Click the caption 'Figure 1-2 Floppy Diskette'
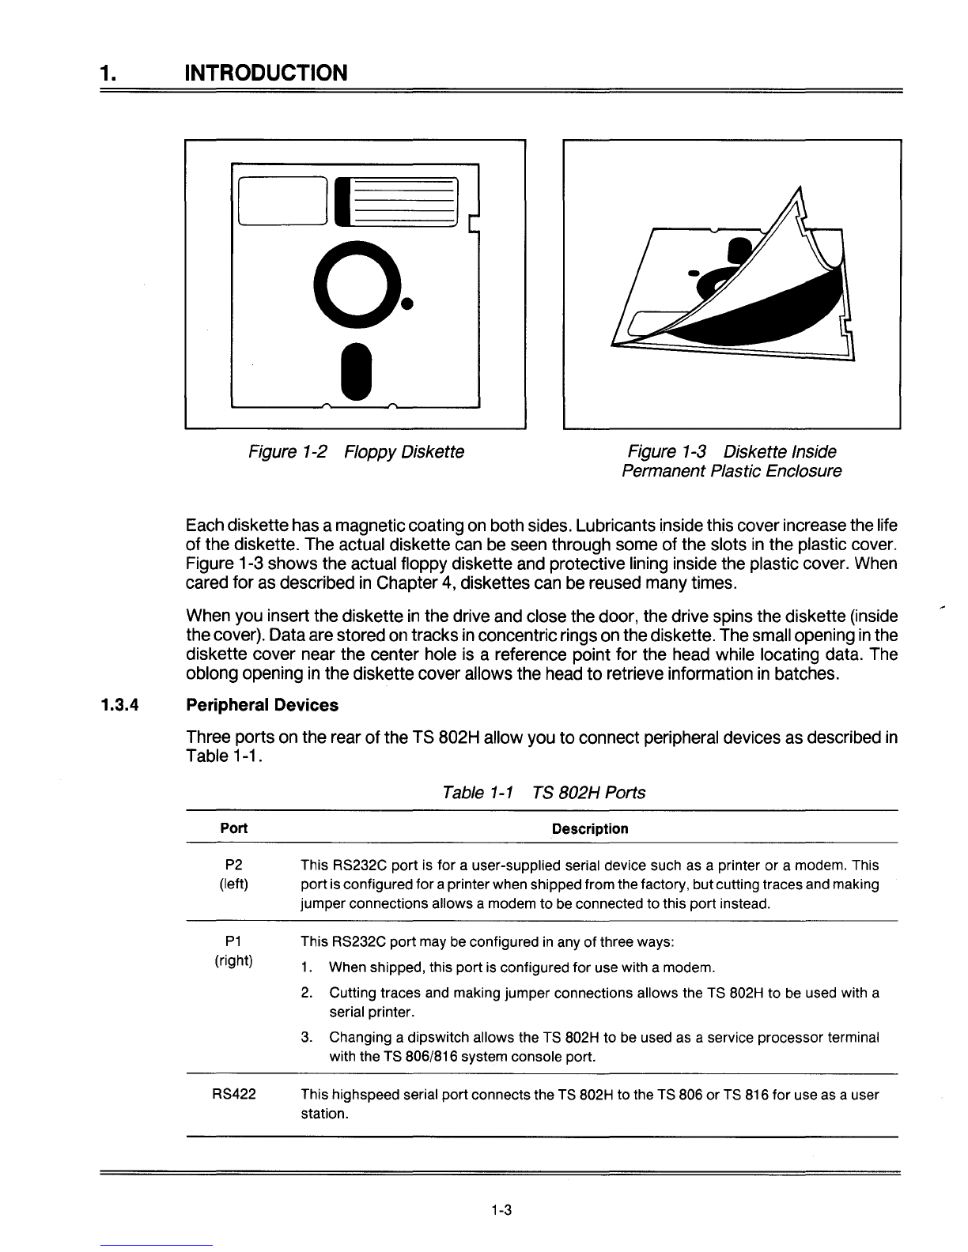(356, 452)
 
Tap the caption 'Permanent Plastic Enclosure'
(732, 472)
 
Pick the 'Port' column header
(233, 828)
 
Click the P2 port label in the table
(233, 865)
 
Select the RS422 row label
(233, 1095)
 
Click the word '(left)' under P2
(233, 884)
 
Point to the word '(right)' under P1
(233, 960)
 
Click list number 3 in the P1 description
(307, 1037)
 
